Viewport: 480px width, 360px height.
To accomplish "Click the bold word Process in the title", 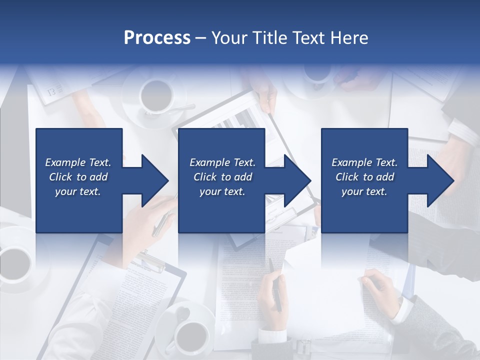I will point(157,38).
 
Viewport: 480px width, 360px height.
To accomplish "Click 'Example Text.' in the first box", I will point(78,162).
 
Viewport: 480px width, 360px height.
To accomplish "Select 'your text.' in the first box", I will point(78,191).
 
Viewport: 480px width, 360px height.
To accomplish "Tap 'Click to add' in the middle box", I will point(222,177).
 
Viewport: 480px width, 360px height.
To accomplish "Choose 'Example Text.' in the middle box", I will point(222,162).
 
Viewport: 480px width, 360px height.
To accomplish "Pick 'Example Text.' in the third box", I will point(364,162).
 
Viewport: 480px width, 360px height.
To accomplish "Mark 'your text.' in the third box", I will point(364,191).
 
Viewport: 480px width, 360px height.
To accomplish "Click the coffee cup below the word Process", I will point(156,94).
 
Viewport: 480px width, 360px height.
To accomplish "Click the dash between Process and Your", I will point(201,38).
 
